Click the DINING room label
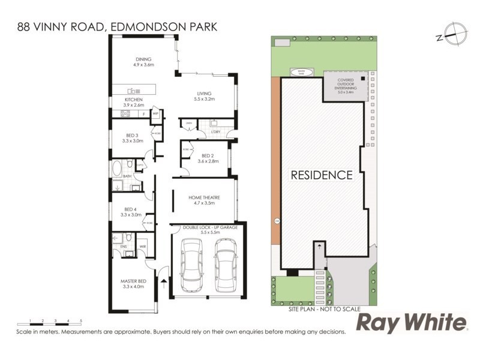point(143,59)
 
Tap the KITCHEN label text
point(133,100)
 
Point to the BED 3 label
point(132,135)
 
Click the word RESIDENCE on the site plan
point(321,175)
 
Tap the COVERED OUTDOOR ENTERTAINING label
point(346,86)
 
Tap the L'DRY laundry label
point(217,131)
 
